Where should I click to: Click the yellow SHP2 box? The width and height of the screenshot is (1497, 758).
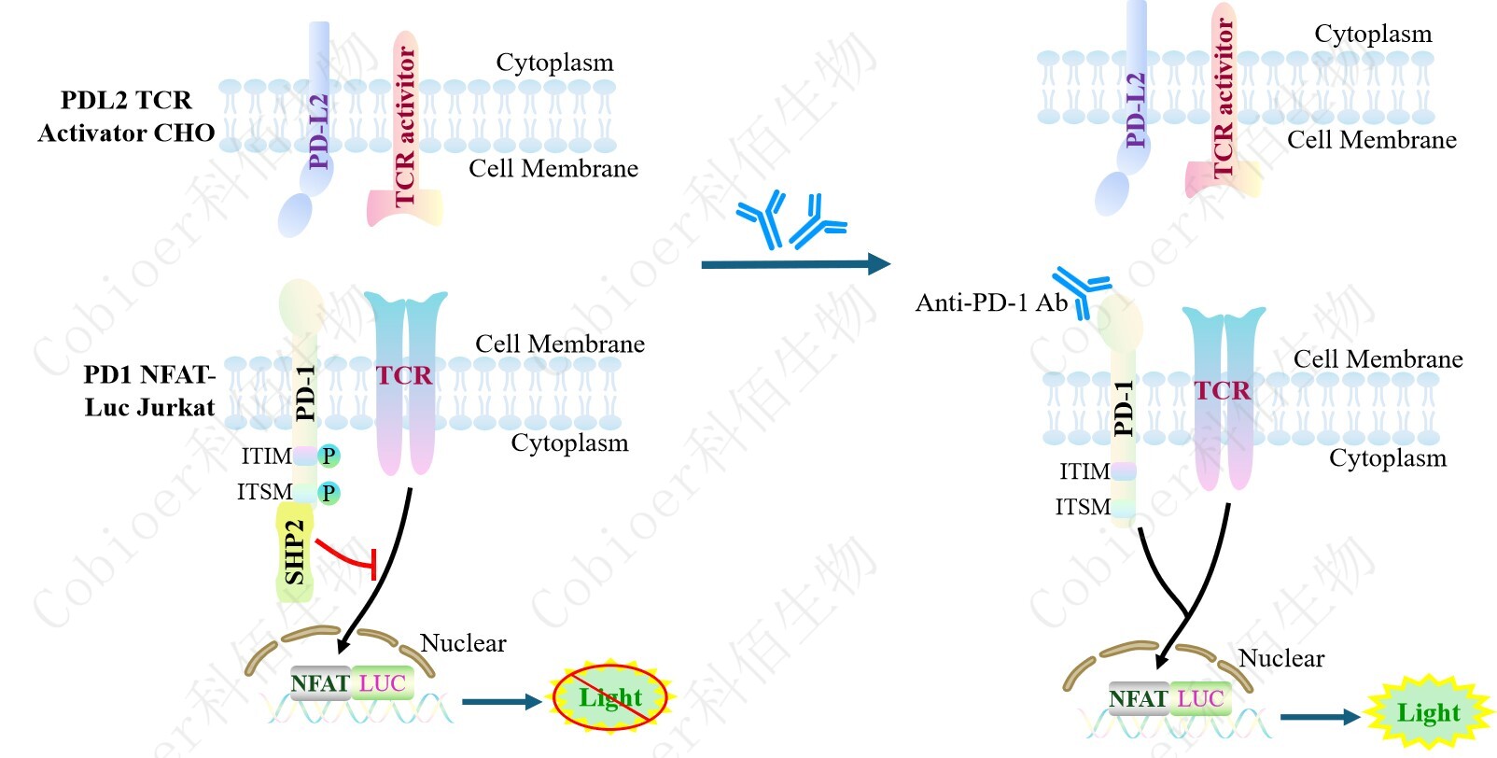tap(295, 553)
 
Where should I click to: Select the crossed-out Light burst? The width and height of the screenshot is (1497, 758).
tap(611, 697)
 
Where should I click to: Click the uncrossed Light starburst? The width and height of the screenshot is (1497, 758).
tap(1429, 713)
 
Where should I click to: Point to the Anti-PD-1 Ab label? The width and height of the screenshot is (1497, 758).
tap(991, 302)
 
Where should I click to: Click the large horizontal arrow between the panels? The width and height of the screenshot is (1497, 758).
tap(794, 264)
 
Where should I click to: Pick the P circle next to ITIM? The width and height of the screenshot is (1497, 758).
tap(329, 456)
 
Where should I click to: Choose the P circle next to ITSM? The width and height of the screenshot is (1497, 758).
tap(329, 493)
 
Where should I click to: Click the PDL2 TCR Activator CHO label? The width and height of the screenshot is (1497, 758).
tap(126, 117)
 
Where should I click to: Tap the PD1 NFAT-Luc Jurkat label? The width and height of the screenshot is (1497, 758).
tap(149, 391)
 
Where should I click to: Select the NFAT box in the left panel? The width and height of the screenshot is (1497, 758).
tap(320, 683)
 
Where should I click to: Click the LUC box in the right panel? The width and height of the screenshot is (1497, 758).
tap(1200, 698)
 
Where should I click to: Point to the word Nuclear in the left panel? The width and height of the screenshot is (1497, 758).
tap(463, 643)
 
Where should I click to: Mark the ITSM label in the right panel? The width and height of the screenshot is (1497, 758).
tap(1083, 507)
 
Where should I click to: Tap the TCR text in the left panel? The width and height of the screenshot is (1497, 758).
tap(404, 375)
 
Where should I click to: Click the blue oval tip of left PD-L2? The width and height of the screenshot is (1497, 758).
tap(295, 215)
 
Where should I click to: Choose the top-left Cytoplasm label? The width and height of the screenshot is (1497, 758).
tap(554, 63)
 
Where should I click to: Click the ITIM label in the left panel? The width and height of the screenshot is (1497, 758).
tap(266, 456)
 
